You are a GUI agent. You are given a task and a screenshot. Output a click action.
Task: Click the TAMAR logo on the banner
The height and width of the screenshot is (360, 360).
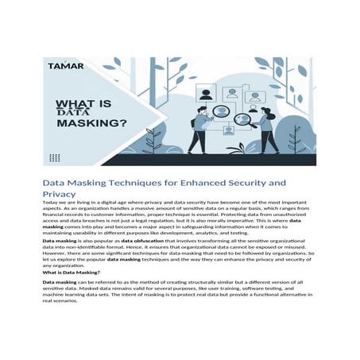(x=64, y=68)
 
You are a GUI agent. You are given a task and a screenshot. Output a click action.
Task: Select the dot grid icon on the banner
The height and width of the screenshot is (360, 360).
(x=54, y=157)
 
